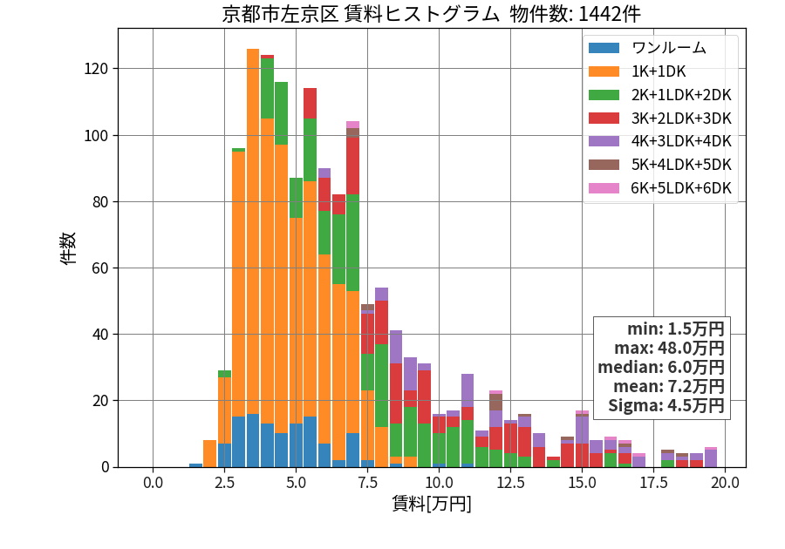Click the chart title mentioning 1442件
[431, 14]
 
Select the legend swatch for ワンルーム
[604, 48]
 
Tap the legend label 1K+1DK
[659, 71]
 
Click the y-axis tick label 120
[96, 69]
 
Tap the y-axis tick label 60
[100, 268]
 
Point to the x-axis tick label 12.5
[510, 483]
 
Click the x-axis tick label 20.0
[725, 483]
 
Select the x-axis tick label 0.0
[153, 483]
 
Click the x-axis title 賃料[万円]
[432, 504]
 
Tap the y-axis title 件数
[67, 248]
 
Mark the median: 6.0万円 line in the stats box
[661, 367]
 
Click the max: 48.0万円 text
[669, 348]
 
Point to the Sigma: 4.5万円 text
[666, 405]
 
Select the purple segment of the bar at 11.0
[468, 390]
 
